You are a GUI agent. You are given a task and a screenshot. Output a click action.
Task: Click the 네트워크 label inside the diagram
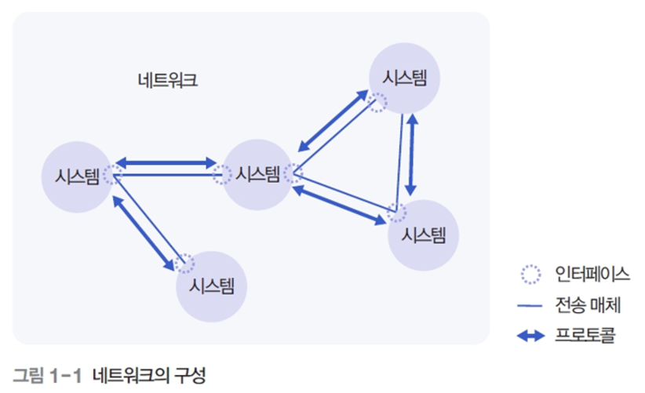(166, 80)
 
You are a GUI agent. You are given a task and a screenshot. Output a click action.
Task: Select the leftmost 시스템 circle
(76, 176)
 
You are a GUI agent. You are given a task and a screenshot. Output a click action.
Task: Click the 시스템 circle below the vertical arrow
(424, 234)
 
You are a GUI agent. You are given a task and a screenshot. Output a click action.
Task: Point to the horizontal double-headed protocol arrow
(166, 163)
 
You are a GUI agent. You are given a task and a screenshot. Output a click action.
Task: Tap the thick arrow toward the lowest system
(144, 234)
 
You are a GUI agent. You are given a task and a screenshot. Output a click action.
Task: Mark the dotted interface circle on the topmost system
(378, 103)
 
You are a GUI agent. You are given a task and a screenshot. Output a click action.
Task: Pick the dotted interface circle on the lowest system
(186, 263)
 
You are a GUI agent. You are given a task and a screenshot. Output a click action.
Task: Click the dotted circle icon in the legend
(530, 275)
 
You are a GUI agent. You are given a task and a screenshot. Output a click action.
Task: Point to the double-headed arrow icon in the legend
(530, 337)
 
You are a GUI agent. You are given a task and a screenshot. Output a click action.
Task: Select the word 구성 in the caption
(188, 374)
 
